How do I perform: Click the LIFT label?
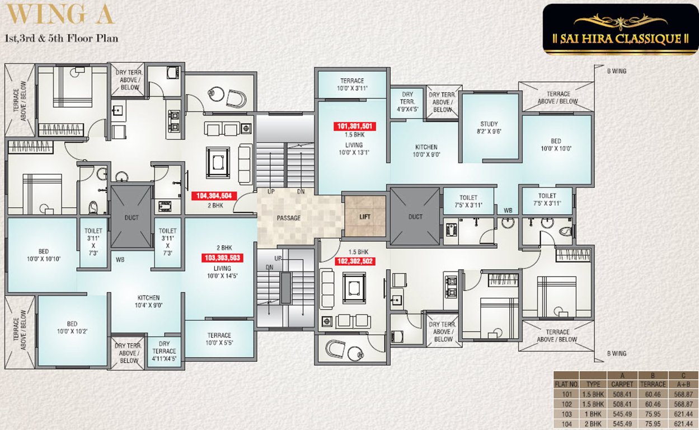click(365, 217)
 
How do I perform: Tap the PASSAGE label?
click(289, 218)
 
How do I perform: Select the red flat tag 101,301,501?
click(355, 126)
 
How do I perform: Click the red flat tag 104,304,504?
click(214, 196)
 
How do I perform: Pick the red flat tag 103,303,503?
click(223, 258)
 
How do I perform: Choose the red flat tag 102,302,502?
click(355, 261)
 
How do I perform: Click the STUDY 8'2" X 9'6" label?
click(489, 128)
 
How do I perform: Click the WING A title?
click(59, 14)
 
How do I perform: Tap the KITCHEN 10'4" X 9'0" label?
click(148, 302)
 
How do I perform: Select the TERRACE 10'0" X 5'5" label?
click(219, 339)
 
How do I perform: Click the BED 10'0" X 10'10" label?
click(44, 255)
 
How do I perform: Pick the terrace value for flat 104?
click(653, 424)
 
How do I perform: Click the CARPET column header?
click(622, 385)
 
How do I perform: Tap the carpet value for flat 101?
click(622, 394)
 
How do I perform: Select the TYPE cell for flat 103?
click(593, 414)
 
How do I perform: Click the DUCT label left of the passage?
click(132, 218)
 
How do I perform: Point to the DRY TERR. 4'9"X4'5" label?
click(407, 102)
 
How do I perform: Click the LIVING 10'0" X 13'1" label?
click(354, 148)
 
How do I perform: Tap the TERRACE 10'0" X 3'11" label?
click(352, 85)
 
